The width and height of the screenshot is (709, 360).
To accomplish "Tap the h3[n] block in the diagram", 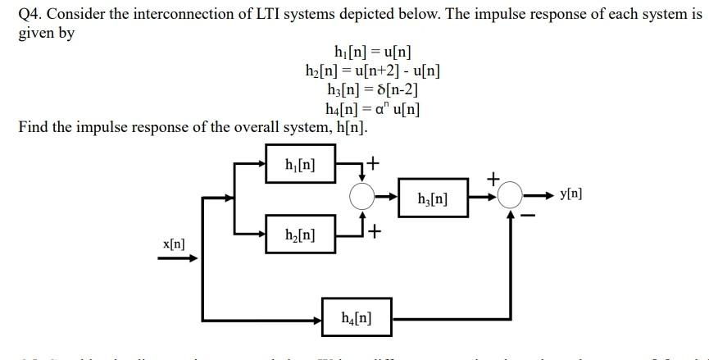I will (x=434, y=197).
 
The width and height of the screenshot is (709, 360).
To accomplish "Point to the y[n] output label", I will (x=571, y=195).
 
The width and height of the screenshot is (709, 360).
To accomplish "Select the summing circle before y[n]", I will (x=511, y=196).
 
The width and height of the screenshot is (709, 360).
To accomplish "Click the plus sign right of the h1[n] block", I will (x=373, y=163).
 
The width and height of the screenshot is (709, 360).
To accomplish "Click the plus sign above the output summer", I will (x=493, y=176).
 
